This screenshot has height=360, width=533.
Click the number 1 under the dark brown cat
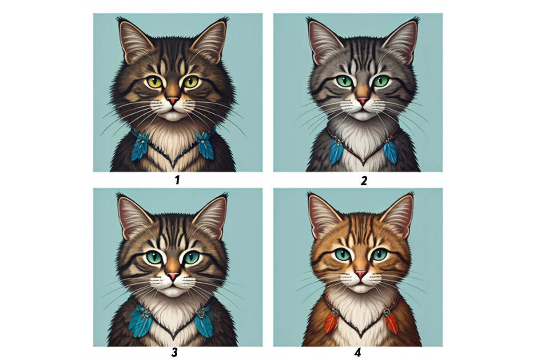(177, 180)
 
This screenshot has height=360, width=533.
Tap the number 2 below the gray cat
(364, 181)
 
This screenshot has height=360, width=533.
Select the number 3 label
(175, 352)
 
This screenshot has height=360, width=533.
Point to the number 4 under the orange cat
(358, 352)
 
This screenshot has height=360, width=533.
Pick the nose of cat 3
(173, 276)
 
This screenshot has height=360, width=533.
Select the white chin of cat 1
(174, 116)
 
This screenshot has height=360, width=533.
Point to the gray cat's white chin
(362, 116)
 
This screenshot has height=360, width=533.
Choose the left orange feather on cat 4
(330, 322)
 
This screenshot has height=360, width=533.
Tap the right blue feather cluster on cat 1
(204, 145)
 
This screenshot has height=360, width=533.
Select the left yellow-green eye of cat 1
(155, 82)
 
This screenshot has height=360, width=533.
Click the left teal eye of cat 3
(154, 258)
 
